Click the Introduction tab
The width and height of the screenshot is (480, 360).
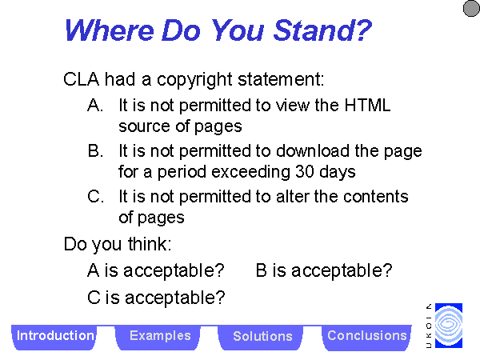[54, 338]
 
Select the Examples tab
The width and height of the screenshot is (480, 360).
[158, 338]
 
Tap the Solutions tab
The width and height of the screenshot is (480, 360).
[261, 338]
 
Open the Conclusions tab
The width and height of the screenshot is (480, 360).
[366, 338]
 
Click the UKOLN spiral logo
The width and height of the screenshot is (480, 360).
[449, 326]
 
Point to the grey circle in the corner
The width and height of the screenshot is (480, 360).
[471, 8]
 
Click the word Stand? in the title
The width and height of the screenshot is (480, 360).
[322, 30]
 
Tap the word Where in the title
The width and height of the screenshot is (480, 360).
[110, 30]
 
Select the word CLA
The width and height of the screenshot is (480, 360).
[82, 79]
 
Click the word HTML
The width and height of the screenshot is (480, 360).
[368, 106]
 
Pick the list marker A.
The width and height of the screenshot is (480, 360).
[95, 106]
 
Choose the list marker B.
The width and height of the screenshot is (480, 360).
[95, 151]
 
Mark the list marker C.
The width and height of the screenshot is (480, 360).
[95, 196]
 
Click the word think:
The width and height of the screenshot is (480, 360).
[150, 244]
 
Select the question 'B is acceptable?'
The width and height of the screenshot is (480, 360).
[324, 270]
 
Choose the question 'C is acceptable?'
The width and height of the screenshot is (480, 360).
[156, 298]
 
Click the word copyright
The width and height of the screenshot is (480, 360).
[194, 80]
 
